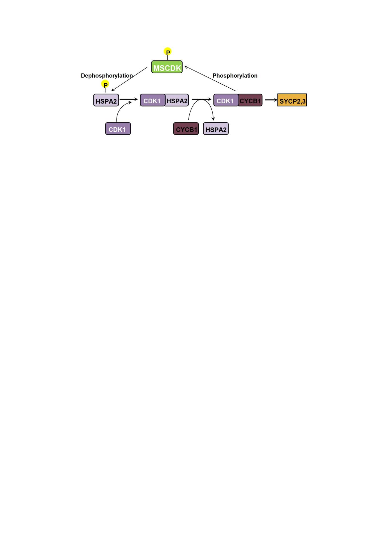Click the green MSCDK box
pos(167,67)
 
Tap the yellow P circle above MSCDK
pos(168,52)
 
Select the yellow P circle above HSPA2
pos(105,84)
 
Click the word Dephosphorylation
pos(107,76)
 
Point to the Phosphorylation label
pos(235,76)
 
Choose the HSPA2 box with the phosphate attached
pos(106,100)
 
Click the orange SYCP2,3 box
pos(292,100)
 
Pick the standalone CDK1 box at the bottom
pos(118,129)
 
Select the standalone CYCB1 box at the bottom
pos(186,129)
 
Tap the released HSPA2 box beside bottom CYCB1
pos(216,129)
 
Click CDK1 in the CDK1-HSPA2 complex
pos(152,100)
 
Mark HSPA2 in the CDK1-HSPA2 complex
pos(177,100)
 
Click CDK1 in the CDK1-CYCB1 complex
pos(226,100)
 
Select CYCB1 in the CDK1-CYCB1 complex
pos(250,100)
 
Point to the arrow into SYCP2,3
pos(271,100)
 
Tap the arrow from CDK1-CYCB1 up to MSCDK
pos(210,79)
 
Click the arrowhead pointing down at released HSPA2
pos(213,118)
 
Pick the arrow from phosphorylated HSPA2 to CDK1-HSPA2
pos(128,99)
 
